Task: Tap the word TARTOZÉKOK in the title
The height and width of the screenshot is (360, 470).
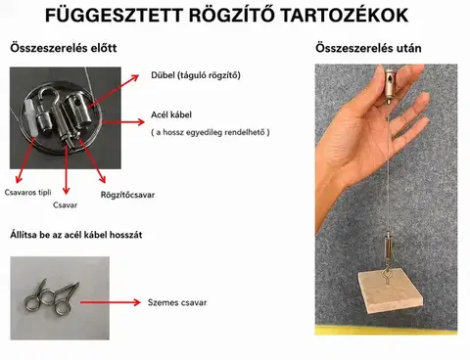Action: pyautogui.click(x=344, y=16)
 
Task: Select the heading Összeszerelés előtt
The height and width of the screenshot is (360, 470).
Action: pyautogui.click(x=64, y=48)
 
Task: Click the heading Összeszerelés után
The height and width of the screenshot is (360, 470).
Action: pyautogui.click(x=368, y=48)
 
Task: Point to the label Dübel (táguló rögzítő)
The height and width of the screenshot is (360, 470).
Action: pyautogui.click(x=196, y=75)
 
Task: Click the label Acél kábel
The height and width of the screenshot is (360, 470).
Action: pyautogui.click(x=171, y=114)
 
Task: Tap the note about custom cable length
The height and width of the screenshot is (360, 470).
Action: pyautogui.click(x=211, y=132)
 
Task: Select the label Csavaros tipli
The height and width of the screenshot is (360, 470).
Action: pyautogui.click(x=27, y=193)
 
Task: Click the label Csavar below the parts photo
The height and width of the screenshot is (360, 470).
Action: pyautogui.click(x=65, y=205)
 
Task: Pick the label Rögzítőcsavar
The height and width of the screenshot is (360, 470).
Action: pyautogui.click(x=127, y=195)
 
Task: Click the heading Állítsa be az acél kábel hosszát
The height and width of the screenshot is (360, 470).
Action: pyautogui.click(x=76, y=235)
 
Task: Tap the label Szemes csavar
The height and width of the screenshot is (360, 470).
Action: pyautogui.click(x=177, y=302)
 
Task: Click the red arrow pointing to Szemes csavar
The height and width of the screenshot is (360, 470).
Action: pyautogui.click(x=111, y=302)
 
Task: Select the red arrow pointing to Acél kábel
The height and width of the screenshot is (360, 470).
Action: pyautogui.click(x=122, y=122)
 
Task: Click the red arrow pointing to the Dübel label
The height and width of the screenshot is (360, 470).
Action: pyautogui.click(x=114, y=91)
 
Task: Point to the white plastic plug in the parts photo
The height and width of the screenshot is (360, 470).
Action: pyautogui.click(x=31, y=118)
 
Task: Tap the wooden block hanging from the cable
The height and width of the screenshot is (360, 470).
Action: pyautogui.click(x=391, y=291)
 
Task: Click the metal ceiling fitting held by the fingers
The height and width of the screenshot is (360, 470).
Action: pyautogui.click(x=389, y=85)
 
